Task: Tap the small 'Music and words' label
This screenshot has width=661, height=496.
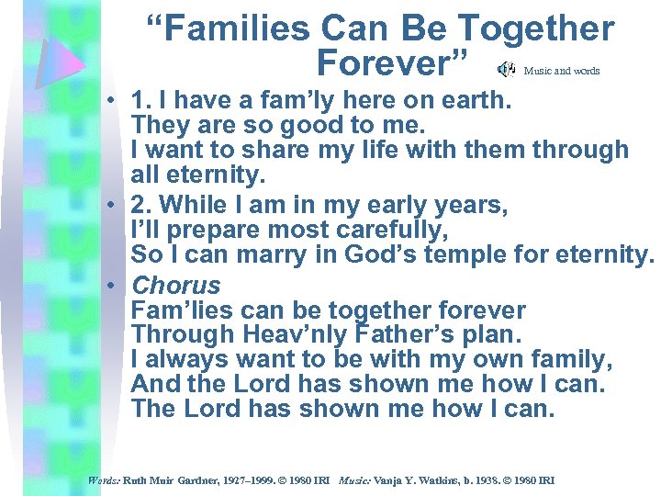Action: coord(562,71)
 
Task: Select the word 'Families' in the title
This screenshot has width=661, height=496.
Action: coord(233,28)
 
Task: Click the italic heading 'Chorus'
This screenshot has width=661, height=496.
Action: coord(176,286)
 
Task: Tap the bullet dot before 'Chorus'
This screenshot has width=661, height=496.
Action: coord(109,286)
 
